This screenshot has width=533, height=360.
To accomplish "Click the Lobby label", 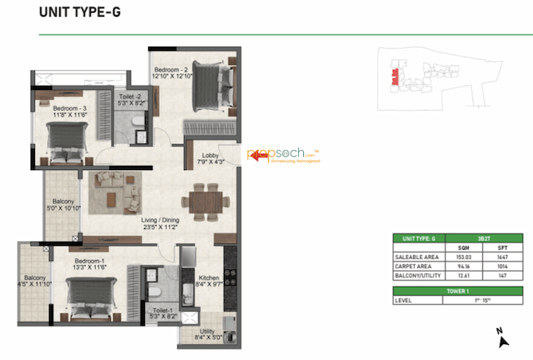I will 207,160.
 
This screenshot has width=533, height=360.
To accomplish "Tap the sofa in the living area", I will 116,193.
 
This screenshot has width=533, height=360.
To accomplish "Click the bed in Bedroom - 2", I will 218,85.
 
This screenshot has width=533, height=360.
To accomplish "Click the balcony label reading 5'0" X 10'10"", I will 62,206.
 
